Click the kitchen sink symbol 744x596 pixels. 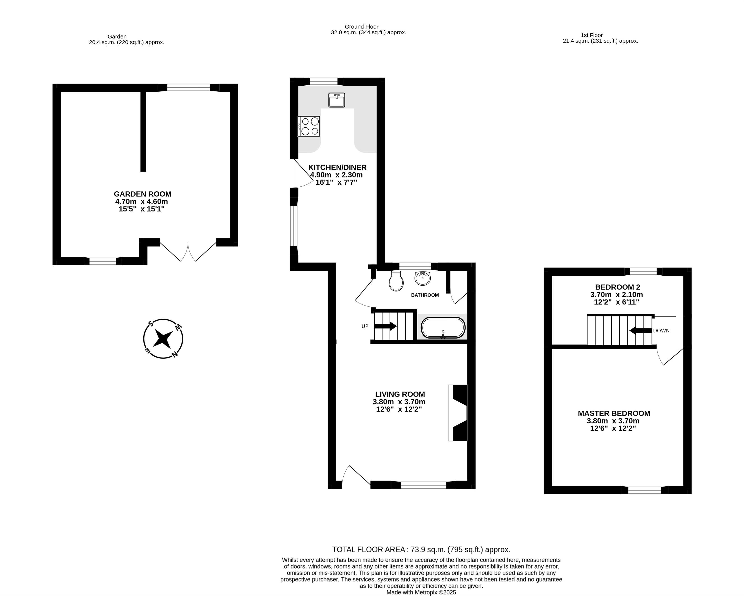pyautogui.click(x=336, y=100)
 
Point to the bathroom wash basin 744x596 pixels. pyautogui.click(x=422, y=278)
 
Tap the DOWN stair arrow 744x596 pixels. pyautogui.click(x=641, y=331)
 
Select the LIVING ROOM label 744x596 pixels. pyautogui.click(x=400, y=394)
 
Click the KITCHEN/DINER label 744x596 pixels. pyautogui.click(x=337, y=168)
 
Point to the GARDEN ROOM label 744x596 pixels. pyautogui.click(x=142, y=194)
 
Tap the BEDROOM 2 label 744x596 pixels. pyautogui.click(x=617, y=287)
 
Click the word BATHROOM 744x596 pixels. pyautogui.click(x=425, y=295)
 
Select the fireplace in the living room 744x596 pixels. pyautogui.click(x=458, y=413)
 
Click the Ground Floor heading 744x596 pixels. pyautogui.click(x=361, y=27)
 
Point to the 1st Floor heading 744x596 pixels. pyautogui.click(x=591, y=35)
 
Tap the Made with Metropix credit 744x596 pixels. pyautogui.click(x=421, y=592)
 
